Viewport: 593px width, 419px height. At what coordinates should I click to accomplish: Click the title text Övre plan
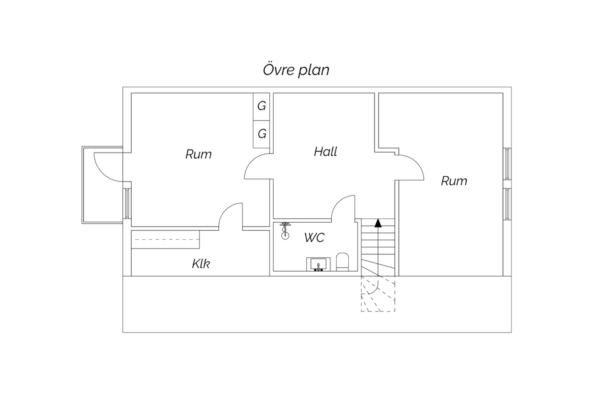click(x=296, y=70)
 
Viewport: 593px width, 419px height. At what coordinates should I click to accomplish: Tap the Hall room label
click(x=325, y=152)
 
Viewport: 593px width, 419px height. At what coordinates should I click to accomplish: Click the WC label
click(x=314, y=238)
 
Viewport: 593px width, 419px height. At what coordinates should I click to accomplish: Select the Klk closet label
click(x=201, y=264)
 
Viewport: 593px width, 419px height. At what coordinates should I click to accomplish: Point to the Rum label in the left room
click(x=198, y=154)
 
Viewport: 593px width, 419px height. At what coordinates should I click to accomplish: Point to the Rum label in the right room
click(x=454, y=181)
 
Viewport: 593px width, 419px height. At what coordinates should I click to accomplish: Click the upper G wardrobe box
click(x=261, y=106)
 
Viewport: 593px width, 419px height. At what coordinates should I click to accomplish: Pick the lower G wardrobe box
click(x=261, y=134)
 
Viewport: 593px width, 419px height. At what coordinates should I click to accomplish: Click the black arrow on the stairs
click(x=378, y=223)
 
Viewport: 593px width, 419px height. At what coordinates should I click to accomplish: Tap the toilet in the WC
click(x=342, y=262)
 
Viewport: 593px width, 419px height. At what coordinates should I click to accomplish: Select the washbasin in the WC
click(x=318, y=264)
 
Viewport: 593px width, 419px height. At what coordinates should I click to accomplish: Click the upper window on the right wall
click(x=507, y=164)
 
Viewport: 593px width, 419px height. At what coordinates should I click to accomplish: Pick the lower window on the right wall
click(x=507, y=204)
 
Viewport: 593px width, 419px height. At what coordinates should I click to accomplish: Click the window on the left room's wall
click(x=127, y=203)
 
